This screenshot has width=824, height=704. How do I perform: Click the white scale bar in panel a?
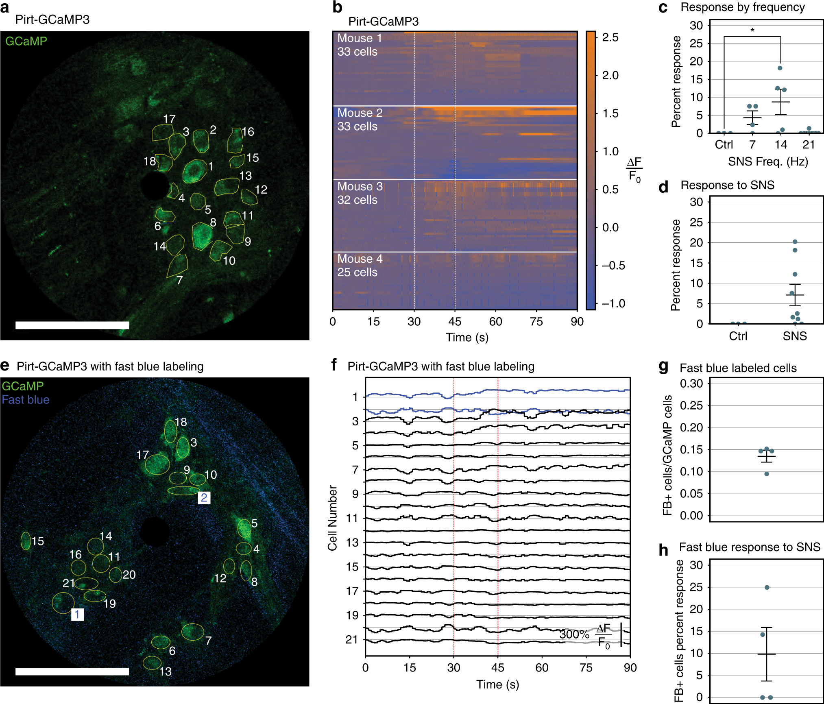click(x=72, y=325)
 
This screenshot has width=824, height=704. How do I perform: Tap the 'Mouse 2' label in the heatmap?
click(x=360, y=113)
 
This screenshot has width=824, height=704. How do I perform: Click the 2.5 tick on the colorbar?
click(x=610, y=37)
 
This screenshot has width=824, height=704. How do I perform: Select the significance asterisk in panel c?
click(x=752, y=31)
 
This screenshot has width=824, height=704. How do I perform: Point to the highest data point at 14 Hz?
click(x=780, y=68)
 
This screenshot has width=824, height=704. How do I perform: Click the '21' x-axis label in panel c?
click(x=809, y=144)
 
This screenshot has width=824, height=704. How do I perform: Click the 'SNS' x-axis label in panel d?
click(x=794, y=336)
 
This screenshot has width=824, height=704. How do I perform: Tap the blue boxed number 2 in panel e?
click(x=204, y=497)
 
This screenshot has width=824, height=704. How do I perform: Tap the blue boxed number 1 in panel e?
click(x=77, y=614)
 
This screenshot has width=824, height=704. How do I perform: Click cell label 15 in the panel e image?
click(x=38, y=541)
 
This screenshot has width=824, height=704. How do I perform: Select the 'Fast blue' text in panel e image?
click(x=26, y=400)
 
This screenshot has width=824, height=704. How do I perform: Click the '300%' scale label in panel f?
click(x=574, y=634)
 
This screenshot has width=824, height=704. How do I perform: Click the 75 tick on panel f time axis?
click(x=586, y=667)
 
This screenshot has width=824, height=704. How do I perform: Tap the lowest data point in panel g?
click(x=766, y=474)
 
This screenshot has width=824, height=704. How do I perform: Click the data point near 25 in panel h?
click(x=767, y=587)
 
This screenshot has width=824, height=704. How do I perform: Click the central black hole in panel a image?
click(x=154, y=185)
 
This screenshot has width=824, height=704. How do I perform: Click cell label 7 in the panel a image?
click(x=179, y=280)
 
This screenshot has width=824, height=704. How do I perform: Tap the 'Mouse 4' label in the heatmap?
click(x=360, y=259)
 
